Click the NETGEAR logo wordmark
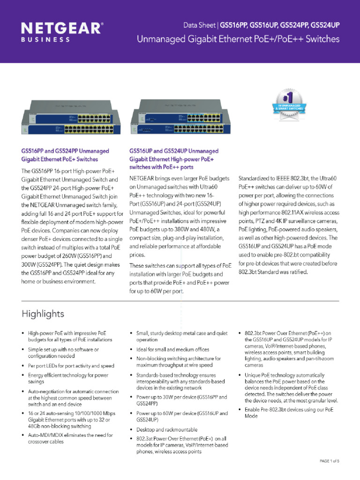[61, 28]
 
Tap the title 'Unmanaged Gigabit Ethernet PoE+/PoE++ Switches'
[238, 39]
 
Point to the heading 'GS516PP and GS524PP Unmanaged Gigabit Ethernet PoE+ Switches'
[65, 155]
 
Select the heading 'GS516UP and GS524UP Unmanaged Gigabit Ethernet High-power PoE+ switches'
[174, 159]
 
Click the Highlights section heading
[43, 313]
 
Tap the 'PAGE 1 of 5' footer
[329, 461]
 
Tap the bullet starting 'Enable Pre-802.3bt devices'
[289, 412]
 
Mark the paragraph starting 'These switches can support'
[180, 278]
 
